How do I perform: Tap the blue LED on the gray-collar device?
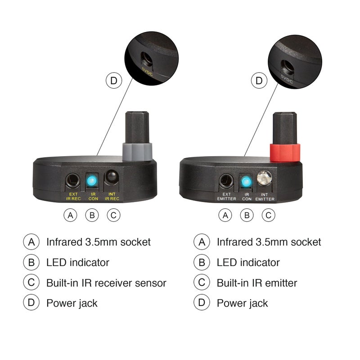tap(92, 181)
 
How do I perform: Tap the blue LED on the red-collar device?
tap(246, 182)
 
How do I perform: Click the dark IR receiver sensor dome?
tap(112, 179)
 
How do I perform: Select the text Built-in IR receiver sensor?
tap(106, 283)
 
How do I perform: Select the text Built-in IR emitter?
tap(257, 283)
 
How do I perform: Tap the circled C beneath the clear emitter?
tap(268, 215)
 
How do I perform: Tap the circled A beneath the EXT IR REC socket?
tap(70, 215)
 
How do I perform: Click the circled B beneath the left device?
tap(92, 215)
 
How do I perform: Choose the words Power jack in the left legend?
tap(72, 303)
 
